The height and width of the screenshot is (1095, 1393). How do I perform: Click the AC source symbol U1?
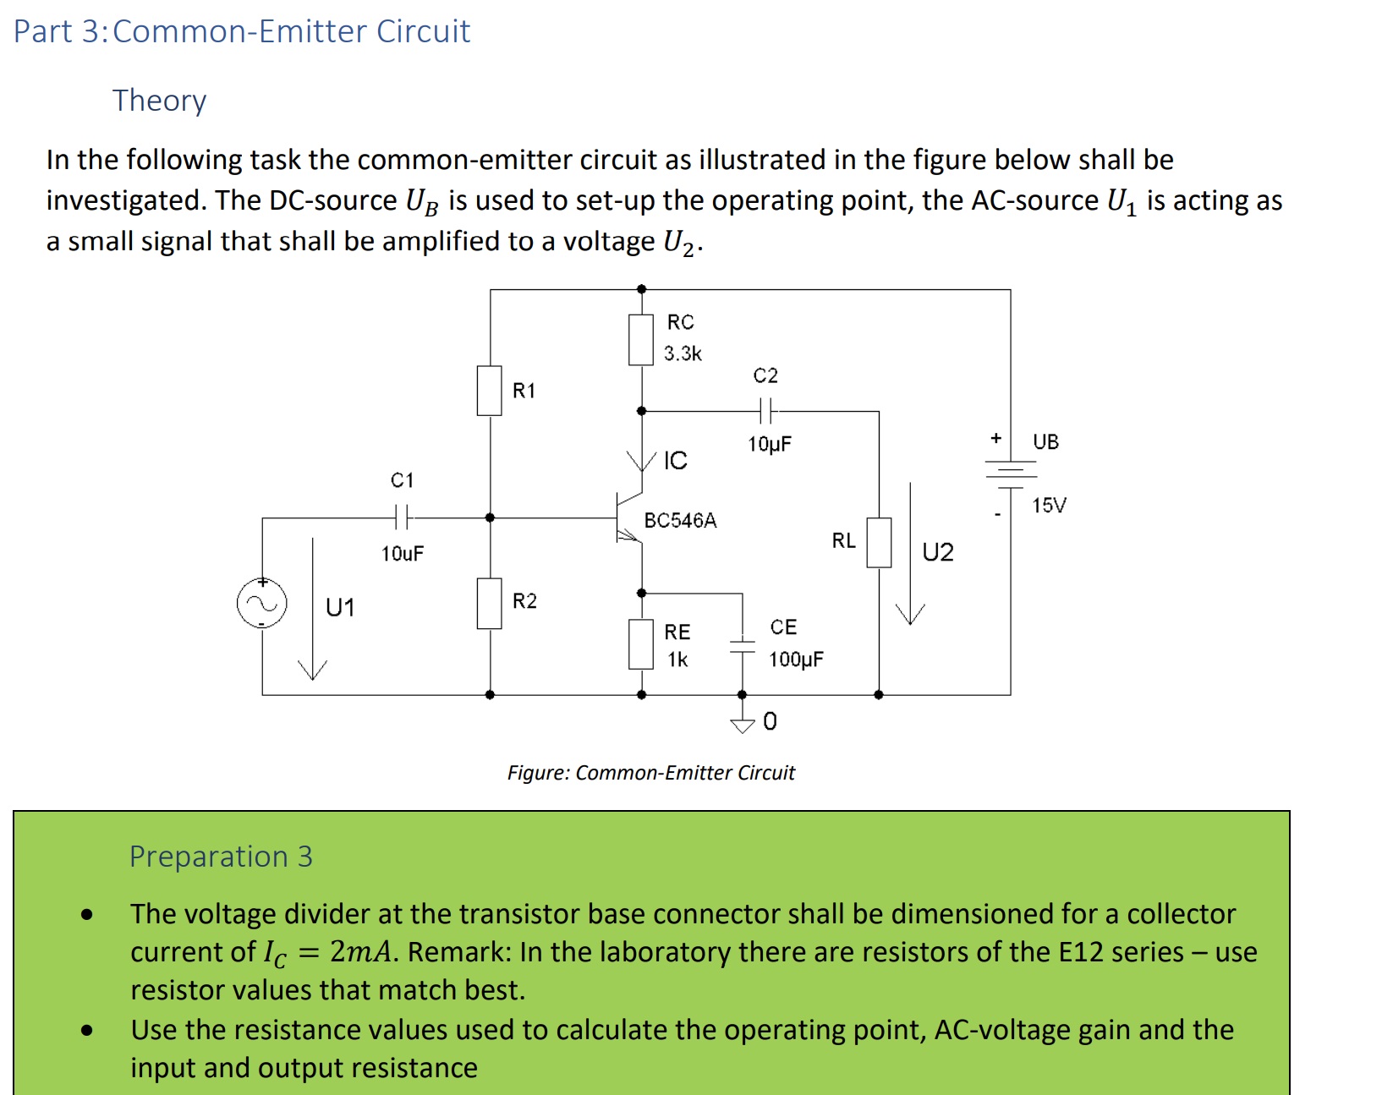coord(261,604)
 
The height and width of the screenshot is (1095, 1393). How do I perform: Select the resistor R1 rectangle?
coord(490,391)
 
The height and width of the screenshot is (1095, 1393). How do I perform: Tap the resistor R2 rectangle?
coord(490,603)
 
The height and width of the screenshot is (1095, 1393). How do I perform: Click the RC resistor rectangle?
coord(641,339)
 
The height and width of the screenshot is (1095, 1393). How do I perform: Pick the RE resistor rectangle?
coord(641,644)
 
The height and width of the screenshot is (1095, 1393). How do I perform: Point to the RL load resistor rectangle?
coord(879,542)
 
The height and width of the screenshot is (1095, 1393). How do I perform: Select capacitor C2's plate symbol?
coord(765,411)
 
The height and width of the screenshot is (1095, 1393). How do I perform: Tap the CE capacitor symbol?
coord(742,646)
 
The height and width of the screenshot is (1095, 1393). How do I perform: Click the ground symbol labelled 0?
coord(742,723)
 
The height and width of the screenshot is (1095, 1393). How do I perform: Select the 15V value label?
coord(1049,505)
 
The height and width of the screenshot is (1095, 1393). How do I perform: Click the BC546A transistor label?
coord(680,520)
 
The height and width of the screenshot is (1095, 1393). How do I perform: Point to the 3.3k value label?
coord(682,353)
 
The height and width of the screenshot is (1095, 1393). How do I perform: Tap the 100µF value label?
coord(796,660)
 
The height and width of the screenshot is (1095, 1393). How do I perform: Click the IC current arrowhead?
coord(641,461)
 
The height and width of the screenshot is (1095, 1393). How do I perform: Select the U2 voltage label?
coord(937,552)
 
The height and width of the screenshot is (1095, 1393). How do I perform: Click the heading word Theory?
coord(159,100)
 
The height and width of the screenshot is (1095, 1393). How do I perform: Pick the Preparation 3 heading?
coord(221,857)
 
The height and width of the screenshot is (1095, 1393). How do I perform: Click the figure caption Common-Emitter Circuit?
coord(650,773)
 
